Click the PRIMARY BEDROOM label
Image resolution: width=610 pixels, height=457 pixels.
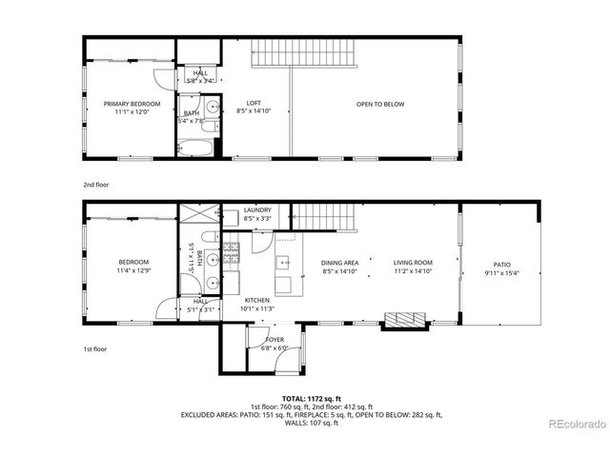132,104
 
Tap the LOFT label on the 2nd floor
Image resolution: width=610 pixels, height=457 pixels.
254,104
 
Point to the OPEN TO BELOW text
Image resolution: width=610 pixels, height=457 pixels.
380,104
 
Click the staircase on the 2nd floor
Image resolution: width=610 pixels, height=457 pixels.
304,54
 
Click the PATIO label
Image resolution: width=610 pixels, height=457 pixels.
501,266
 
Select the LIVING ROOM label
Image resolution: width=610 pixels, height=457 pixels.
413,263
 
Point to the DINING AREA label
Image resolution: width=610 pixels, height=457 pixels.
339,263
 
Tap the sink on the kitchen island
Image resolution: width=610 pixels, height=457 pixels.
283,262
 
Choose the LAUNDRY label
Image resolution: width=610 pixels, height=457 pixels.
257,210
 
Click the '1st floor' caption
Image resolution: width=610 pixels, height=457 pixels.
94,349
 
